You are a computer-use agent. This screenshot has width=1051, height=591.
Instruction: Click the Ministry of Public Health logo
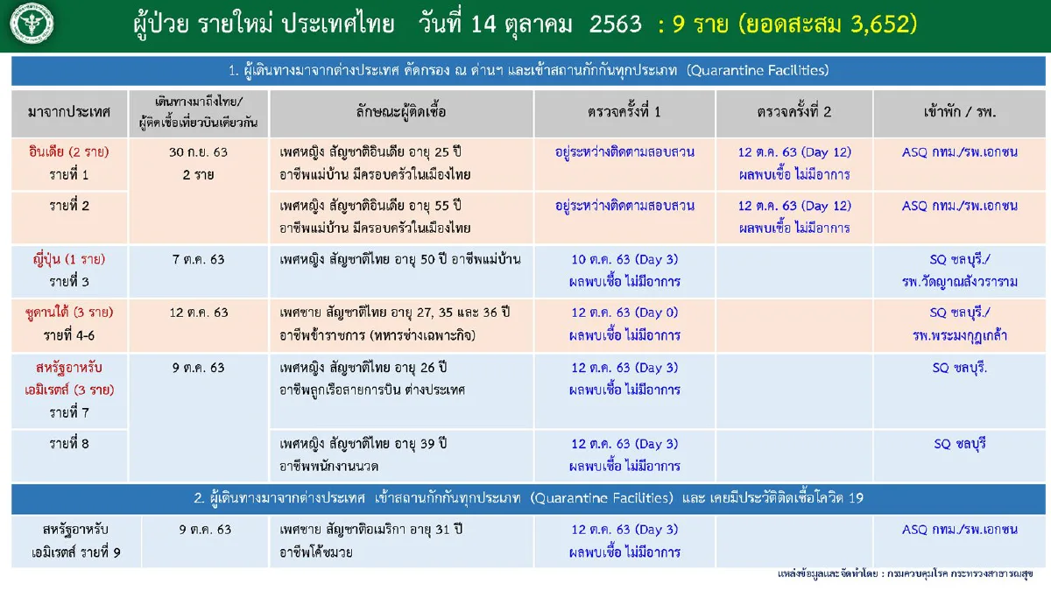31,25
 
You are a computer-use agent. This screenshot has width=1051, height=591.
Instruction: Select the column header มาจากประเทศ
69,113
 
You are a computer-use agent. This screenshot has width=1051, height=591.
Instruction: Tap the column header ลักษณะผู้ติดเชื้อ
402,113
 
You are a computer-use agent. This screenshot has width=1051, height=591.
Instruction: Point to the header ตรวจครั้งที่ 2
794,113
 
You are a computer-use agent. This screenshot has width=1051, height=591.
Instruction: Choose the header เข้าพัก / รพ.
960,113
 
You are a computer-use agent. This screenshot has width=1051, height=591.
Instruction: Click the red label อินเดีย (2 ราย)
69,151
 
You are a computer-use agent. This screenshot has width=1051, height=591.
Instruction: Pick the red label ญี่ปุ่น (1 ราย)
69,259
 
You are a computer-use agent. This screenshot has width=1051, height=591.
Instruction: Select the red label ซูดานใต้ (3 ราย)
69,313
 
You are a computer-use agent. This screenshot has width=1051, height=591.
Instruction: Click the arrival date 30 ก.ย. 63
198,151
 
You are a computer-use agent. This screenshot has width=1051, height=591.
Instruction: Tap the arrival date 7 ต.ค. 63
198,259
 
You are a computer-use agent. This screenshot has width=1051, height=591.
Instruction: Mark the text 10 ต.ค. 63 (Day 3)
624,259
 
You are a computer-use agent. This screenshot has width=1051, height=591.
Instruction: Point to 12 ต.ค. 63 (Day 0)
624,313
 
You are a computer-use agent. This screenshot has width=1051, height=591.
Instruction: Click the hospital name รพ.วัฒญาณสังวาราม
960,282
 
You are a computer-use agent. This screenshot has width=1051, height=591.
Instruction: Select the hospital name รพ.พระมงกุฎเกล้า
960,335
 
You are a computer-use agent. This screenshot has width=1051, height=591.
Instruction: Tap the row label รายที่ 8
69,444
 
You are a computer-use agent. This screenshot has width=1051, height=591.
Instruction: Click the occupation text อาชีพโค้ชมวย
319,552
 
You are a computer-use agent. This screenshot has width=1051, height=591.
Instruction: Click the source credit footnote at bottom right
905,574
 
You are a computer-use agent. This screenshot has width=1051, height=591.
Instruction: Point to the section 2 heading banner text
529,498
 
